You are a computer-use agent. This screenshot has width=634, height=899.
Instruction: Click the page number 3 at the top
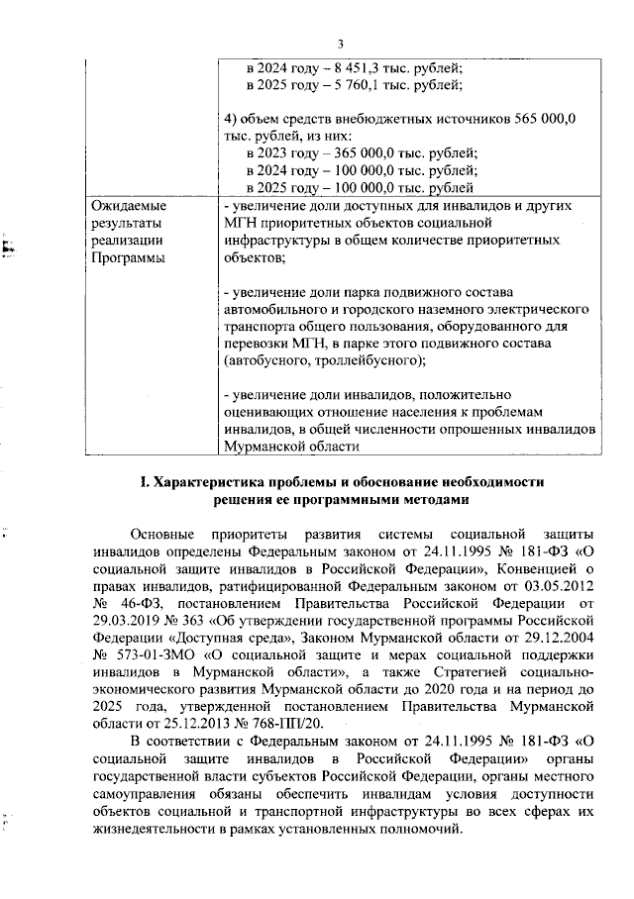[340, 44]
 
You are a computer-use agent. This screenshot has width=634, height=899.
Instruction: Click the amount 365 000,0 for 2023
[371, 153]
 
